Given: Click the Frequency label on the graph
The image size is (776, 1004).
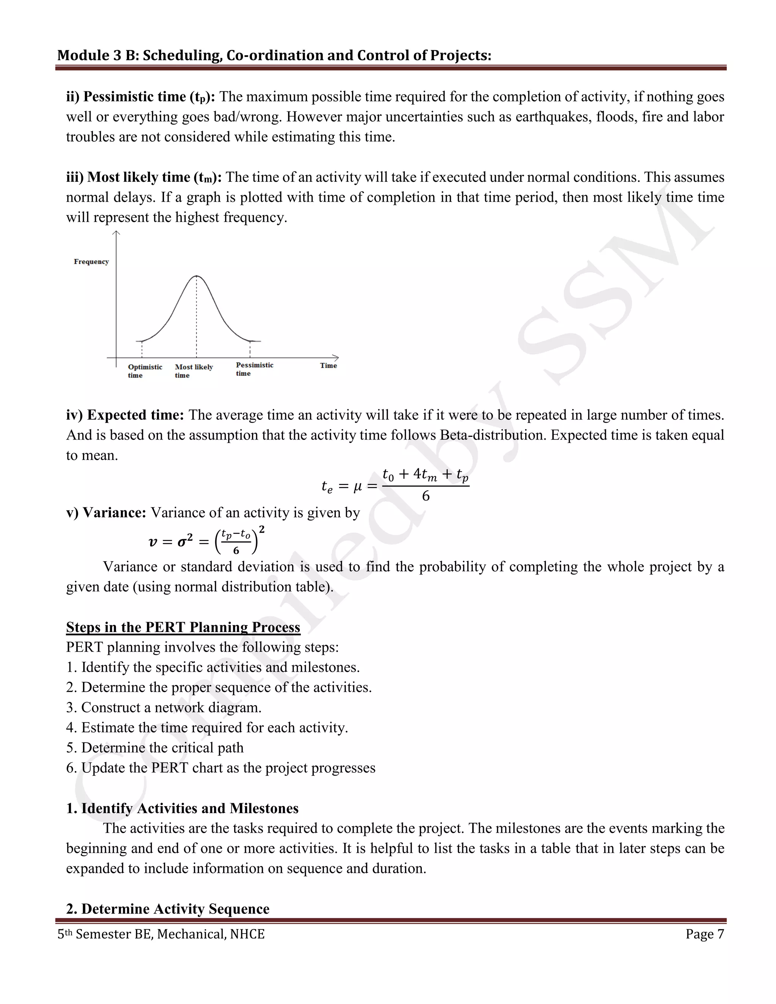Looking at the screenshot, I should click(91, 261).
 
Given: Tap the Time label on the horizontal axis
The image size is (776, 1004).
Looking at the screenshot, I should click(328, 366).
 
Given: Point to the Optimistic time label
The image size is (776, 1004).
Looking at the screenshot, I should click(145, 371).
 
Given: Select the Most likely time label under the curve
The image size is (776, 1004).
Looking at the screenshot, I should click(194, 371).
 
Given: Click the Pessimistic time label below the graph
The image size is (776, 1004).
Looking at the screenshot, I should click(254, 369).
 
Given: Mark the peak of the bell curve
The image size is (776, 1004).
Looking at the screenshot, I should click(197, 276).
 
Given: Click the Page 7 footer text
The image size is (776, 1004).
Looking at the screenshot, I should click(704, 934).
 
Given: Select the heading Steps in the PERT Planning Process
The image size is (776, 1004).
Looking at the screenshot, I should click(183, 627).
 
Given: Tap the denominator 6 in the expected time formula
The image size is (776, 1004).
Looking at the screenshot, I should click(426, 496).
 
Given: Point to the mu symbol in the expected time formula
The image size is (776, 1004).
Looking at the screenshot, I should click(358, 486).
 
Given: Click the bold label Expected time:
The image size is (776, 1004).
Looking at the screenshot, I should click(125, 415).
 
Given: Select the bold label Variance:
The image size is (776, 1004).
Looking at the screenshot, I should click(106, 513).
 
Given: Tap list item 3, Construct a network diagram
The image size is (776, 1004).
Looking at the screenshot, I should click(164, 707).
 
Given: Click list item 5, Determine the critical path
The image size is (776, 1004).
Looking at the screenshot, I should click(155, 748).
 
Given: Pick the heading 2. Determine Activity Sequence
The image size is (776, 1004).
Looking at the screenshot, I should click(167, 909).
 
